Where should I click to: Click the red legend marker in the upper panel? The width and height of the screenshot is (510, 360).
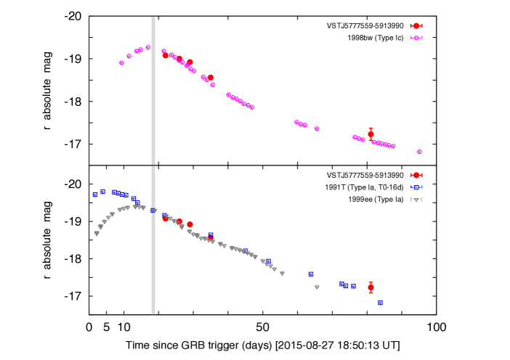coord(416,25)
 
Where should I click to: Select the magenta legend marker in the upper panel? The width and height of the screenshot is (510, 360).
coord(416,38)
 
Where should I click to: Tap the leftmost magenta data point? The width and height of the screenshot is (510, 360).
coord(121,62)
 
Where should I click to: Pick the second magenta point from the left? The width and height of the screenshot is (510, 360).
coord(129,56)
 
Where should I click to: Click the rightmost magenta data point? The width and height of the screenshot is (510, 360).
coord(419,152)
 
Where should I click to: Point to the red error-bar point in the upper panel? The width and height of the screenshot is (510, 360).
coord(371,134)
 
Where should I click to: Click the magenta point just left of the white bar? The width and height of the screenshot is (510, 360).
coord(147,47)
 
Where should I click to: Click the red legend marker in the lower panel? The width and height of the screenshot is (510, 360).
coord(416,175)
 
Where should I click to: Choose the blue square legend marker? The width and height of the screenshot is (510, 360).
coord(416,187)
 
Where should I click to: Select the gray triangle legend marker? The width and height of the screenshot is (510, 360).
coord(416,200)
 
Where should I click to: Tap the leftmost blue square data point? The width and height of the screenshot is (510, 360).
coord(95,195)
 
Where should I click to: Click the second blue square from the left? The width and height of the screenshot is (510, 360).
coord(103,192)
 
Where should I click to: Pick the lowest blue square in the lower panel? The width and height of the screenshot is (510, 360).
coord(380,303)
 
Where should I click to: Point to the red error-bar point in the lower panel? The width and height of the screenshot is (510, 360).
coord(371,287)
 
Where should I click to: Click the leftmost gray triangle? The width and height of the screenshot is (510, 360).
coord(97,233)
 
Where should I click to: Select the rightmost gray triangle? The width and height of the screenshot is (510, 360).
coord(317,287)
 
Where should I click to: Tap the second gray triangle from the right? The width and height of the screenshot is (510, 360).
coord(282,274)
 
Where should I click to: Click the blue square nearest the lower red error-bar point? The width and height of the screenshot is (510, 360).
coord(353,286)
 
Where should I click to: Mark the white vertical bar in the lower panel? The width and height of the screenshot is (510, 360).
coord(153,240)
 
